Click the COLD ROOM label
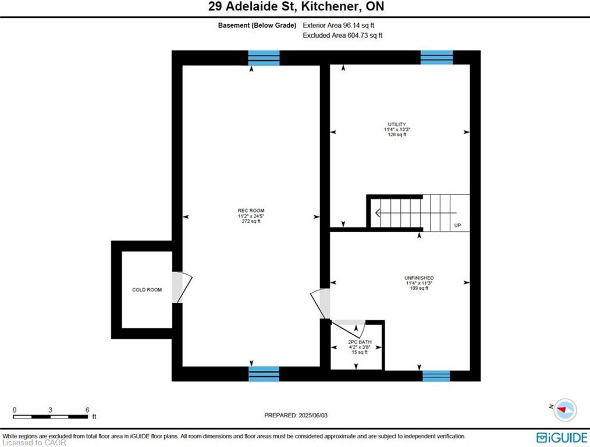[x=147, y=290]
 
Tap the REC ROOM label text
[x=251, y=211]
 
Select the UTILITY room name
[x=397, y=124]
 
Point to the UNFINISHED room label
[x=419, y=278]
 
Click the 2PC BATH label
[x=360, y=342]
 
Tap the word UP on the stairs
[x=457, y=225]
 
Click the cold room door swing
[x=183, y=288]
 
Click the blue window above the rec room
[x=264, y=58]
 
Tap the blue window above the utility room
[x=436, y=58]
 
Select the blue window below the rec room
[x=264, y=374]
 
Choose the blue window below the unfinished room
[x=436, y=376]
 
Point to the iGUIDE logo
[x=561, y=438]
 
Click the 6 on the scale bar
[x=87, y=410]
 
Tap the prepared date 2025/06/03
[x=313, y=416]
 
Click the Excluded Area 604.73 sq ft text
[x=342, y=36]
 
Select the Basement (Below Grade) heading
[x=257, y=26]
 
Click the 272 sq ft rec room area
[x=251, y=221]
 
